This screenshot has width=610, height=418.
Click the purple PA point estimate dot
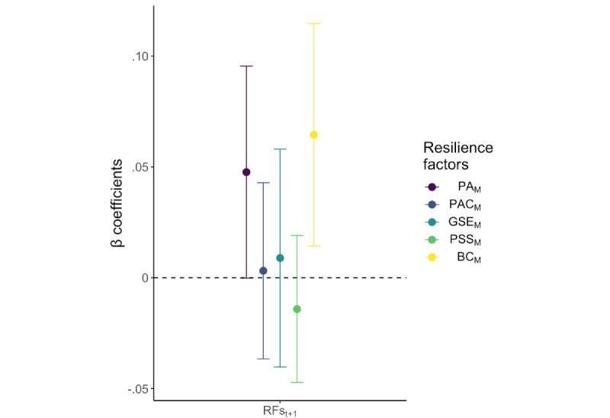click(246, 172)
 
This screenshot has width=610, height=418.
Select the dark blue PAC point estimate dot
click(263, 270)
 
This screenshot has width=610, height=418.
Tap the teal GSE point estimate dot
click(280, 258)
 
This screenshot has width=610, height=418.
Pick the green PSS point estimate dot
click(297, 309)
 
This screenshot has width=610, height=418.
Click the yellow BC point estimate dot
click(313, 135)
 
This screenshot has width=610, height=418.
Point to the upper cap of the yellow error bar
click(313, 24)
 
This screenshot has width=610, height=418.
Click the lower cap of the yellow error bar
click(313, 246)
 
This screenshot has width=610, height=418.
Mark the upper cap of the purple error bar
click(246, 66)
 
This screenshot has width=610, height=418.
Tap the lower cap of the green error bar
click(297, 382)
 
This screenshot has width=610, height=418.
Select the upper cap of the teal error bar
click(280, 149)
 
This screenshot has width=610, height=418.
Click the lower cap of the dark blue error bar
click(263, 359)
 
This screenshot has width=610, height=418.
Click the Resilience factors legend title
click(457, 155)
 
